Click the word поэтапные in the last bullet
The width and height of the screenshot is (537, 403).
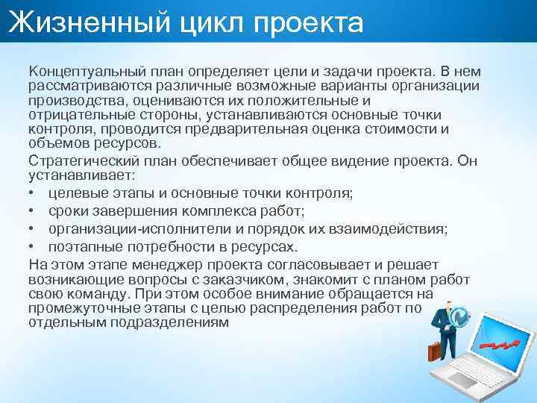(79, 247)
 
